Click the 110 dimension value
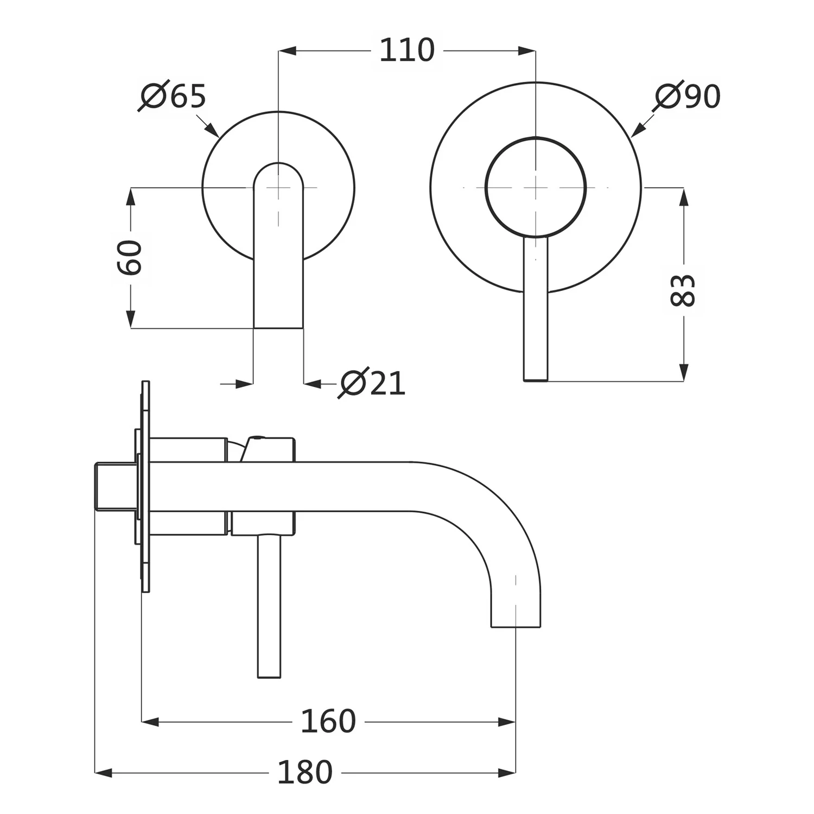tap(407, 50)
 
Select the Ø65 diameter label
tap(173, 97)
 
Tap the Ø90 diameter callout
tap(687, 97)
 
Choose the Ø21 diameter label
tap(372, 384)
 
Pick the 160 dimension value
tap(328, 721)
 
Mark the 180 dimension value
tap(305, 772)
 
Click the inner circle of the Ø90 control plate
tap(486, 187)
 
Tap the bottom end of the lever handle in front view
tap(536, 380)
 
